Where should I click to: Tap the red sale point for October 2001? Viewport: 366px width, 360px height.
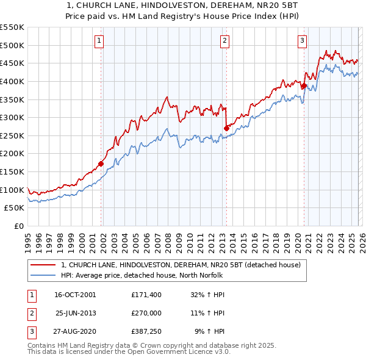tap(101, 164)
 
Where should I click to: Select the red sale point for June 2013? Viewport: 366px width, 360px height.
tap(226, 128)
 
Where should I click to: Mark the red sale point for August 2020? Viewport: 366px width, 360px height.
tap(303, 85)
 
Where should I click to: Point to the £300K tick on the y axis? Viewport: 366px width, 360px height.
tap(12, 117)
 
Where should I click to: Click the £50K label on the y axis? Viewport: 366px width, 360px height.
tap(15, 208)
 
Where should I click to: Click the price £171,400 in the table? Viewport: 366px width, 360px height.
tap(146, 294)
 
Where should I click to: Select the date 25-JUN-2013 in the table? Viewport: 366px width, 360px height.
tap(76, 313)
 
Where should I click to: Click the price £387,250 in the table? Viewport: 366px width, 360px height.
tap(146, 332)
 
